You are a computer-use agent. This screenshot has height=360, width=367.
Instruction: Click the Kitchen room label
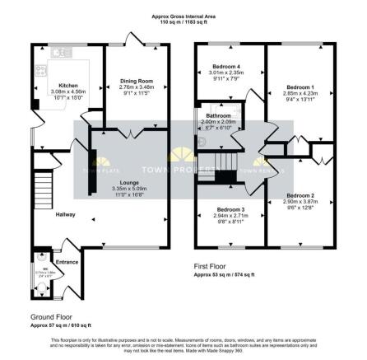pyautogui.click(x=68, y=84)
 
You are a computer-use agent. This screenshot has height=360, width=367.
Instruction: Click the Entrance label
pyautogui.click(x=67, y=262)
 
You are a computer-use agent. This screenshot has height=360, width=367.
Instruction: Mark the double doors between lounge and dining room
pyautogui.click(x=135, y=132)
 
